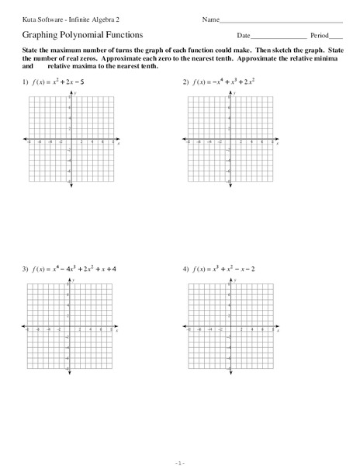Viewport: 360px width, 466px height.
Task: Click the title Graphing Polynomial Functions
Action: pyautogui.click(x=71, y=35)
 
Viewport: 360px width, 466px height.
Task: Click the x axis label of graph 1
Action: pyautogui.click(x=118, y=144)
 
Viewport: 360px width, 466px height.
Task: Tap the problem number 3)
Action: pyautogui.click(x=26, y=269)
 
